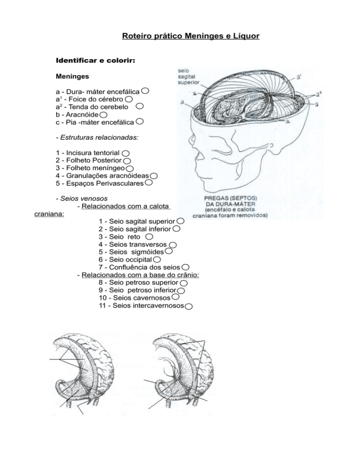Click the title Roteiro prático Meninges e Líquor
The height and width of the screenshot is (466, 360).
(190, 36)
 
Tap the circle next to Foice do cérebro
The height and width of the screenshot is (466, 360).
(128, 100)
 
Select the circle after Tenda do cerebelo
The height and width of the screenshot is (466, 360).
(139, 107)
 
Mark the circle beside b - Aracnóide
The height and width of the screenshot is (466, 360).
(103, 115)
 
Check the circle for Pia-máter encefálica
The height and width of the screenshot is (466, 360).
(140, 122)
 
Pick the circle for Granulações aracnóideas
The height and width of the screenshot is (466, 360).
(153, 175)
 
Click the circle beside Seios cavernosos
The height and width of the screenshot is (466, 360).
(175, 297)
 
